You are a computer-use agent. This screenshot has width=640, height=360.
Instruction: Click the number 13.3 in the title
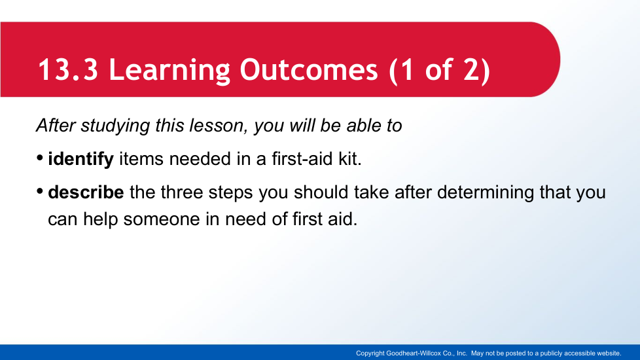(x=68, y=69)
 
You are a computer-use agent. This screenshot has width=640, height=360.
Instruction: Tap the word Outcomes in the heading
(x=309, y=69)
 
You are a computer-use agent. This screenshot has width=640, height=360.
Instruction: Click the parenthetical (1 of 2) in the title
(x=440, y=71)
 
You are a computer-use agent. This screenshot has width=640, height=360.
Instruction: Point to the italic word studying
(x=116, y=126)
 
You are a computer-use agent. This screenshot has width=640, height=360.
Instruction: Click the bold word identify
(x=80, y=159)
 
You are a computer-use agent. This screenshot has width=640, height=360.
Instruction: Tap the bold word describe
(x=86, y=192)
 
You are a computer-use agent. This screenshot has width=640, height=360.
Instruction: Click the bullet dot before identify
(x=40, y=158)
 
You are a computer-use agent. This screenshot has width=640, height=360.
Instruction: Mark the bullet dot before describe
(x=40, y=191)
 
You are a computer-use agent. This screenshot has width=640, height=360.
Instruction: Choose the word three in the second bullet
(x=182, y=192)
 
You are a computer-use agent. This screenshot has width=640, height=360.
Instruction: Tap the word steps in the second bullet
(x=230, y=194)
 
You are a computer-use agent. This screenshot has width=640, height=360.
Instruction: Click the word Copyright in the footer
(x=370, y=353)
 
